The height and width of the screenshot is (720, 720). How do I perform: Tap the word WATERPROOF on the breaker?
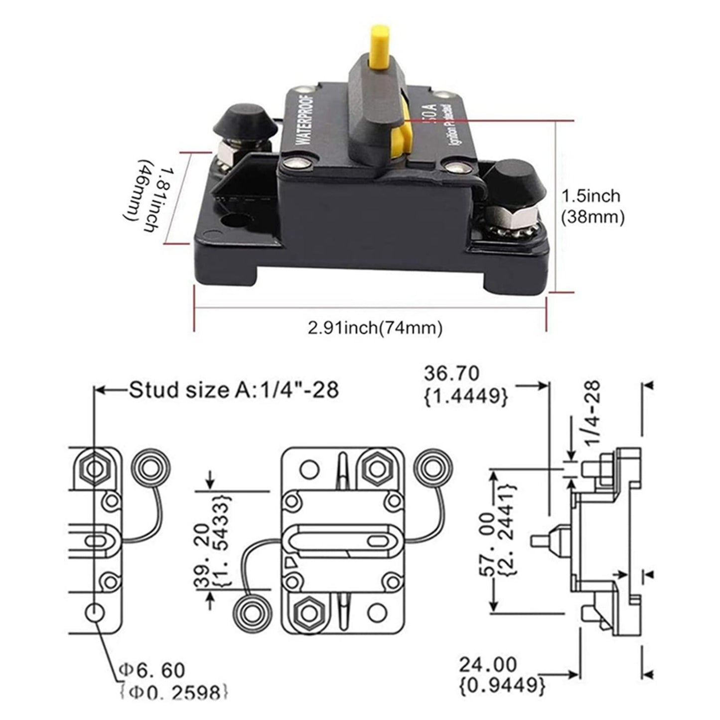pyautogui.click(x=305, y=118)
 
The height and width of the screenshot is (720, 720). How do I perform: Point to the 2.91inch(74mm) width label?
pyautogui.click(x=375, y=328)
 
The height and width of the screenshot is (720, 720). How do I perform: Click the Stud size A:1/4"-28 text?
pyautogui.click(x=234, y=390)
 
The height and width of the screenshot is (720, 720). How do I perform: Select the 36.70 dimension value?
pyautogui.click(x=451, y=373)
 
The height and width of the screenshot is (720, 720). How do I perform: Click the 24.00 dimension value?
pyautogui.click(x=488, y=665)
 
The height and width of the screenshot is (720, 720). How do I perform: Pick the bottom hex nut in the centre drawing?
pyautogui.click(x=308, y=611)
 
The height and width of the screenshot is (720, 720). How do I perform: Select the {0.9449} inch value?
pyautogui.click(x=502, y=685)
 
